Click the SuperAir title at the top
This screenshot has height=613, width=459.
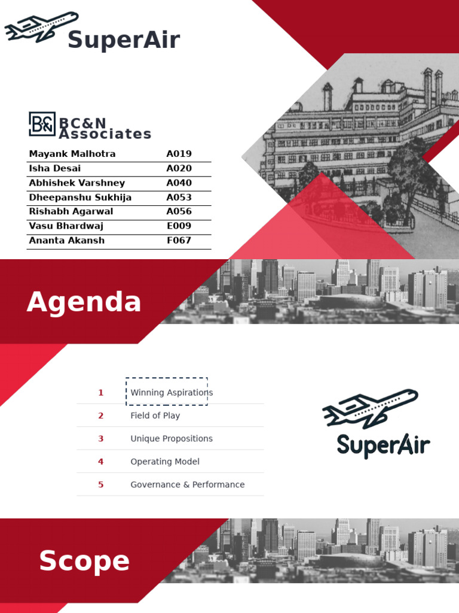point(124,40)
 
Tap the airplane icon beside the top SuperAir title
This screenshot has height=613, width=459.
point(41,27)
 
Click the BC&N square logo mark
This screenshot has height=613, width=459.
point(42,124)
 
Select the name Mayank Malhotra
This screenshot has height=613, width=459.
point(72,154)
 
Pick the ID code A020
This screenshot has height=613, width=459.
point(179,168)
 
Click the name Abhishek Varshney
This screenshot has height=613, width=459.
point(77,183)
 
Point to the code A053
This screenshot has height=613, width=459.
point(179,198)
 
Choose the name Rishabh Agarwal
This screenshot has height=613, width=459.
point(71,211)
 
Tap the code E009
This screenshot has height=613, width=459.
point(179,226)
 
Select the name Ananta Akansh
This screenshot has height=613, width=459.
point(67,240)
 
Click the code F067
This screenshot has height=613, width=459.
point(179,240)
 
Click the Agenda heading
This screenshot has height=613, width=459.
point(84,302)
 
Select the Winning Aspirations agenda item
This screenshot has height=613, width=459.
point(172,393)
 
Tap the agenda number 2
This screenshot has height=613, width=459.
point(101,415)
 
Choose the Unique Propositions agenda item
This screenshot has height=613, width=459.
point(172,439)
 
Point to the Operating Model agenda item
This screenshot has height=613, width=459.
point(165,462)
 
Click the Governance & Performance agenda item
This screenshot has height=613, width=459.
point(188,484)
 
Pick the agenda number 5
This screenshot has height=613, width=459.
point(101,484)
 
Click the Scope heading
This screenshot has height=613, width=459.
point(84,561)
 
